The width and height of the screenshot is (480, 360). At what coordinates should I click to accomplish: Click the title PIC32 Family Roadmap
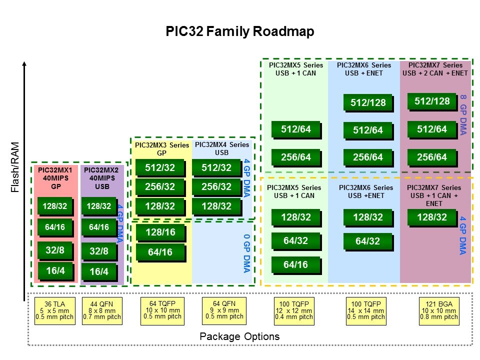(x=240, y=32)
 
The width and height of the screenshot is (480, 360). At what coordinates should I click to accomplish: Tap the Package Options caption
(x=239, y=336)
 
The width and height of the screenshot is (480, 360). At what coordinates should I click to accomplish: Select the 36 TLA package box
(x=54, y=310)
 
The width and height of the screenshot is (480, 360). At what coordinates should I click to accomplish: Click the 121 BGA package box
(x=438, y=310)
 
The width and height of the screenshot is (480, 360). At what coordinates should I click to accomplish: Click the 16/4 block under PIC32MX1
(x=55, y=270)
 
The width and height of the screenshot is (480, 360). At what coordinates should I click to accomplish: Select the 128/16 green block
(x=160, y=232)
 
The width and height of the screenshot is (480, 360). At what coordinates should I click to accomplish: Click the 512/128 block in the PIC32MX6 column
(x=367, y=102)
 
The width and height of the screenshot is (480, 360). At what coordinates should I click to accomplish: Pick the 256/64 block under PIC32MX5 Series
(x=295, y=157)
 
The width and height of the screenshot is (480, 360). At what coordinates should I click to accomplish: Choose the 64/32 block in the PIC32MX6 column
(x=367, y=240)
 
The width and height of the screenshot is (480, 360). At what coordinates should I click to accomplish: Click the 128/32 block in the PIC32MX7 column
(x=431, y=216)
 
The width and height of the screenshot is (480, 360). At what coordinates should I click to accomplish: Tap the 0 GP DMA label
(x=246, y=253)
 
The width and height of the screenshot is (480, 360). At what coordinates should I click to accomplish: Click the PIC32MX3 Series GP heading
(x=162, y=149)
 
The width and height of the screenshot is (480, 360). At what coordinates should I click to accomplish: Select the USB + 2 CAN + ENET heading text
(x=435, y=73)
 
